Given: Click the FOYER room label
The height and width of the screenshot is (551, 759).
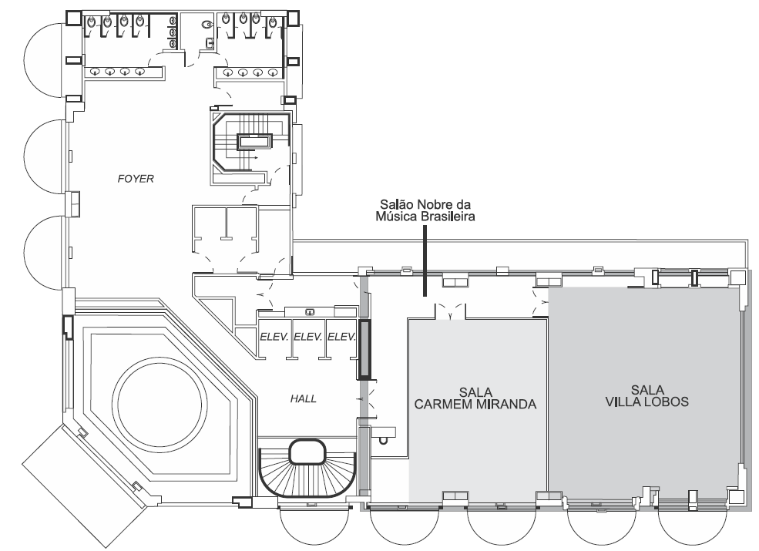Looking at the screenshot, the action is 136,179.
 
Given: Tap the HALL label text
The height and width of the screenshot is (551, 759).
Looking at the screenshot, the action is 303,399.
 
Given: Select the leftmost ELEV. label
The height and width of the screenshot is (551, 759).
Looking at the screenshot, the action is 274,337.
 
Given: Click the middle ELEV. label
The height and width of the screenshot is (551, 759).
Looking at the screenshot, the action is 308,337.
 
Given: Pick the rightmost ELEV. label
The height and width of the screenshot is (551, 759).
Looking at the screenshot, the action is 342,337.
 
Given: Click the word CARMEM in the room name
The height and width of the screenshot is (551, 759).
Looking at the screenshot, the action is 444,404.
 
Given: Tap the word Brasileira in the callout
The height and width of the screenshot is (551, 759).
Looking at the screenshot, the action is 448,217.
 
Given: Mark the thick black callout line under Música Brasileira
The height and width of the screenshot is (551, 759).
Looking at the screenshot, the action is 425,260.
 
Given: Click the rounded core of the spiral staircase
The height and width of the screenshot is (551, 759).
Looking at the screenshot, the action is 307,452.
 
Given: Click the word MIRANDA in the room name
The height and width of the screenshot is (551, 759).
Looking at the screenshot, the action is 506,404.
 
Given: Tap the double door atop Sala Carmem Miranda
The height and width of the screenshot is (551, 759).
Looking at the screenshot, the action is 450,311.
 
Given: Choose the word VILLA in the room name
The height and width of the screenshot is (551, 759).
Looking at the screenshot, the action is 623,401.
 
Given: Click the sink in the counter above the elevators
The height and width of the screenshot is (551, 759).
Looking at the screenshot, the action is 311,312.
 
